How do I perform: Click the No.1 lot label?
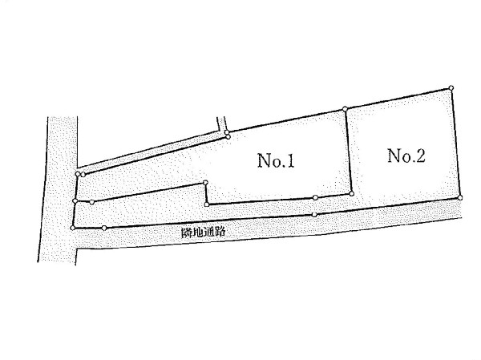click(277, 162)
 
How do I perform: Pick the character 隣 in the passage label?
click(187, 233)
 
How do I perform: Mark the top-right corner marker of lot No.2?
click(452, 87)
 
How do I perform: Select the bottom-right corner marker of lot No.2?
click(460, 197)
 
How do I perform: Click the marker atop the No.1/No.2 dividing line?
click(345, 108)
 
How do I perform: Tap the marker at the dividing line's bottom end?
click(350, 193)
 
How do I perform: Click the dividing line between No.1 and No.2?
click(347, 152)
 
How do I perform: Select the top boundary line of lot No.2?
click(398, 98)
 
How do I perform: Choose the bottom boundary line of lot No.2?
click(405, 195)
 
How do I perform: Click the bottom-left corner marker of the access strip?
click(73, 229)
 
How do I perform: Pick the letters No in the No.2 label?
click(398, 156)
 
